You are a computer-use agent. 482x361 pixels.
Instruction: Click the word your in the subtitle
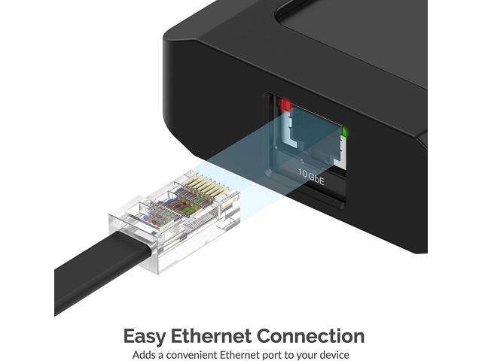(307, 354)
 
